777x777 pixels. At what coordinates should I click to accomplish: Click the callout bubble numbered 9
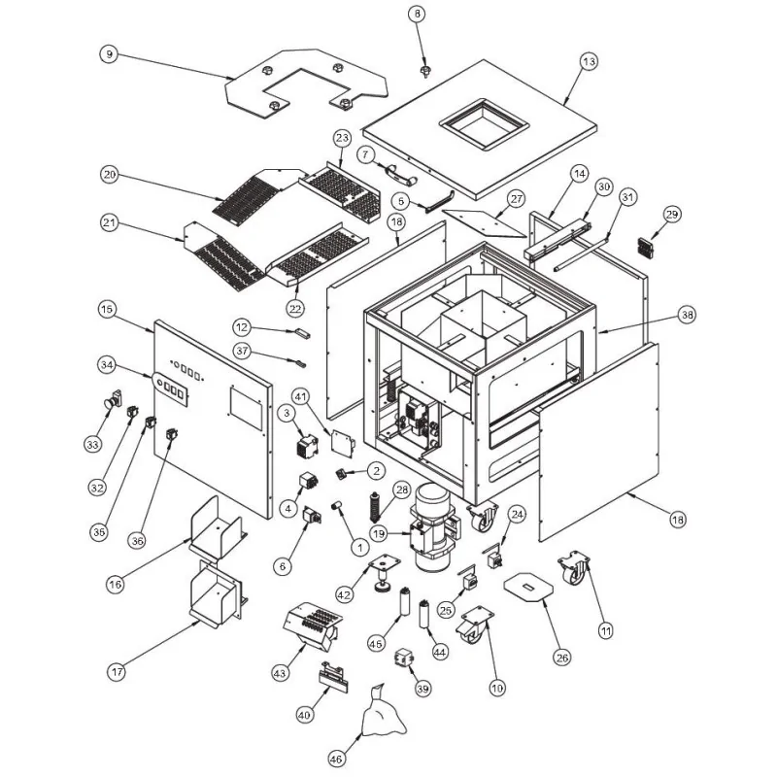tap(109, 54)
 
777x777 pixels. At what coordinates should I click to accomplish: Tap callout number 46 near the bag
tap(336, 757)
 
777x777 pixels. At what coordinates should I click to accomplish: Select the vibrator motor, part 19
tap(433, 529)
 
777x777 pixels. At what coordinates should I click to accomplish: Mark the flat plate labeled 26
tap(527, 587)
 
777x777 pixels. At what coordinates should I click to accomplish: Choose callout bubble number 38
tap(688, 315)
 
